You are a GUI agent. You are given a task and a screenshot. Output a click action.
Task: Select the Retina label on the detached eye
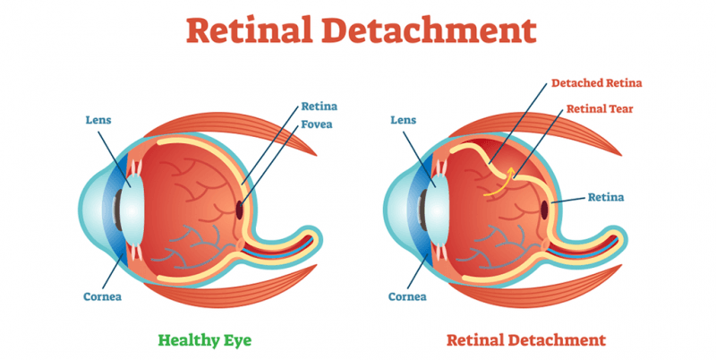coord(604,196)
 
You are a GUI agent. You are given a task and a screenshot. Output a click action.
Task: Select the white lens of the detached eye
coord(435,208)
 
